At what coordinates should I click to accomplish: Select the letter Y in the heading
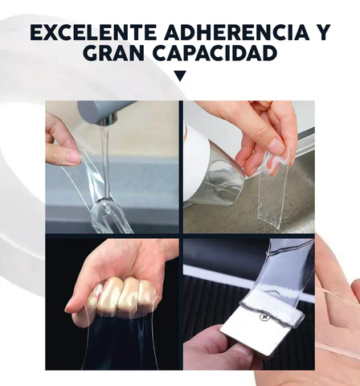(x=321, y=32)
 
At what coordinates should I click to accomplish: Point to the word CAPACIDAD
(x=215, y=53)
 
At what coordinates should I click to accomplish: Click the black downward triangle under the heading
(x=180, y=76)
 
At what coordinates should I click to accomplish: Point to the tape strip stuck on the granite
(x=272, y=199)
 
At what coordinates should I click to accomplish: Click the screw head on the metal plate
(x=264, y=317)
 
